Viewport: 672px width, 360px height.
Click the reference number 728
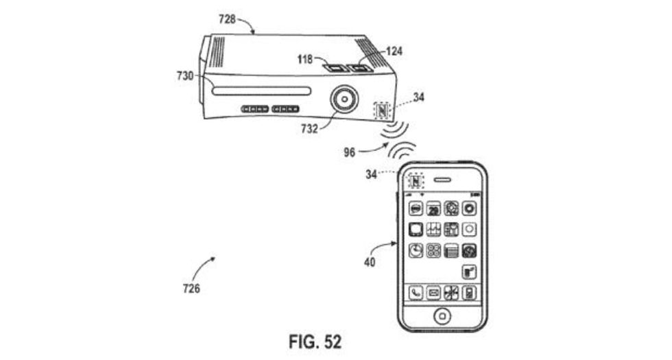pyautogui.click(x=228, y=19)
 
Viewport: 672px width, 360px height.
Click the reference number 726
pyautogui.click(x=192, y=289)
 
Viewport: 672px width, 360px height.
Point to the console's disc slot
pyautogui.click(x=261, y=91)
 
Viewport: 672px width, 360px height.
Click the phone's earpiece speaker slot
pyautogui.click(x=443, y=182)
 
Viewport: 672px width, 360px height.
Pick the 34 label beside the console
pyautogui.click(x=418, y=98)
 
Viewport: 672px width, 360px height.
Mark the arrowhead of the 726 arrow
pyautogui.click(x=215, y=259)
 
